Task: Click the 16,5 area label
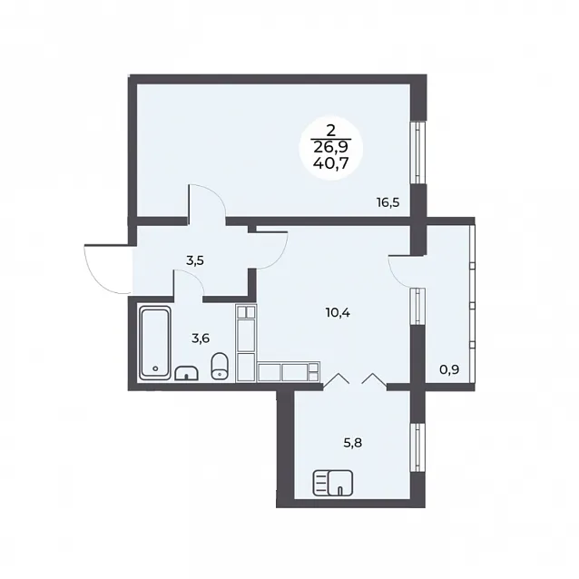[x=388, y=202]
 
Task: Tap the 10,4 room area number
[x=338, y=313]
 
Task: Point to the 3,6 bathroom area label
[x=201, y=338]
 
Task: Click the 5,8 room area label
[x=353, y=442]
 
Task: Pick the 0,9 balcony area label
[x=449, y=368]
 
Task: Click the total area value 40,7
[x=330, y=162]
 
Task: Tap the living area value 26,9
[x=330, y=147]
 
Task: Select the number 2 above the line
[x=330, y=131]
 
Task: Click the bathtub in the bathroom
[x=155, y=343]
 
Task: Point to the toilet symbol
[x=221, y=366]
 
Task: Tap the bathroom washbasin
[x=186, y=373]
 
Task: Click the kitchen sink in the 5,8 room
[x=333, y=483]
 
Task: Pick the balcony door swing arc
[x=394, y=274]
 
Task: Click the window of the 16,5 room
[x=417, y=152]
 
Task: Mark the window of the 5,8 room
[x=417, y=447]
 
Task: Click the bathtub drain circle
[x=155, y=368]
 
